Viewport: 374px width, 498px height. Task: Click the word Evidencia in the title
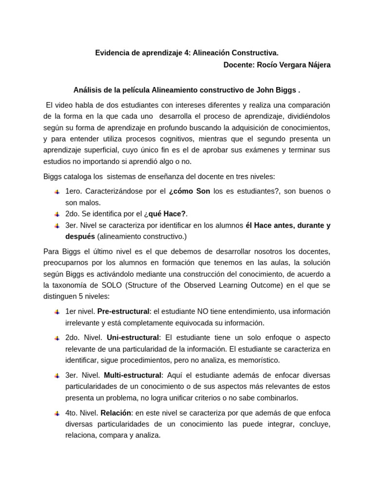point(112,53)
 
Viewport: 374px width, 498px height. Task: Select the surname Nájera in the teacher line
point(317,65)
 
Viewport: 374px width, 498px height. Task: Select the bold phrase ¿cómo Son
point(189,191)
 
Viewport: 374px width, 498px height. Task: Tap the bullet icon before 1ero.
point(57,192)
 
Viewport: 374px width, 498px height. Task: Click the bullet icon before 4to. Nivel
point(57,413)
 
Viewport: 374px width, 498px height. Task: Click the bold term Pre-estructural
point(123,311)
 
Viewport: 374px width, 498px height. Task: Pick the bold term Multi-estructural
point(133,375)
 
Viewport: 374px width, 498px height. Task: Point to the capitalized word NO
point(203,311)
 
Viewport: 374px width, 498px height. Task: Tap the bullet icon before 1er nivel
point(57,312)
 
